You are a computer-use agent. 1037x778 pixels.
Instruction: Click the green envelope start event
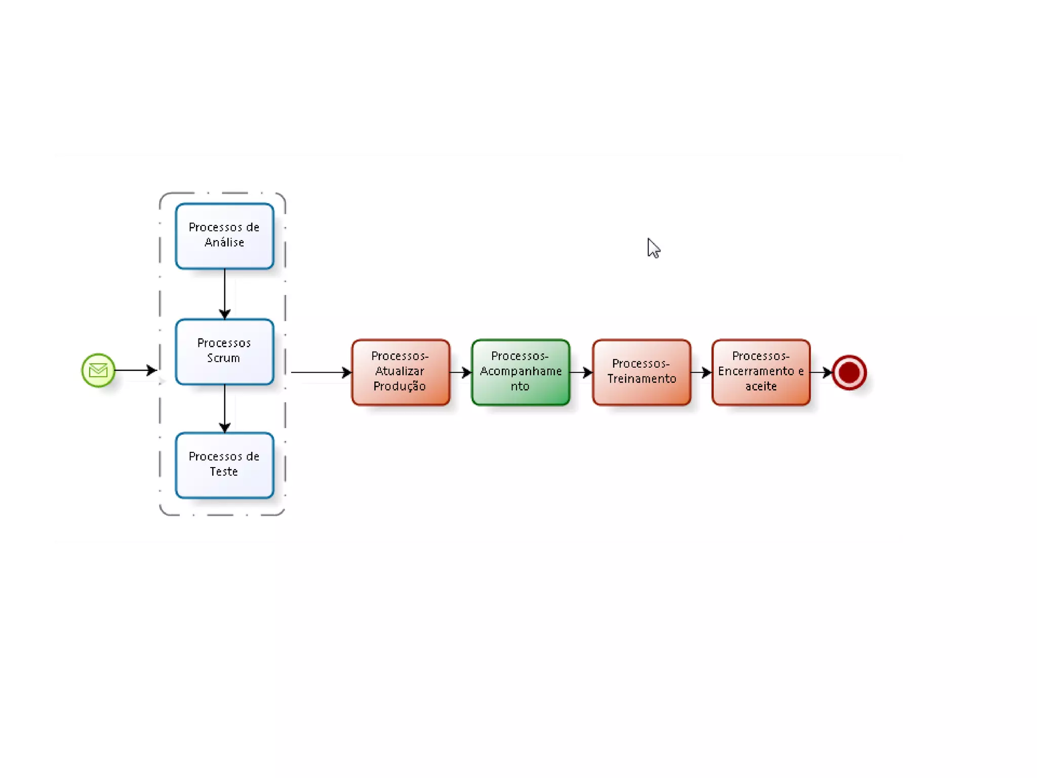click(98, 370)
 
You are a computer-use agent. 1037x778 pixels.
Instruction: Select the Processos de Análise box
click(224, 236)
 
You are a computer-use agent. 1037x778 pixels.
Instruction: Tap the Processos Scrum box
click(224, 352)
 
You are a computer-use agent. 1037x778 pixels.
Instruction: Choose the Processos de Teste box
click(224, 465)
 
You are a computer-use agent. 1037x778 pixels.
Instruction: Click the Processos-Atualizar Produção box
click(401, 372)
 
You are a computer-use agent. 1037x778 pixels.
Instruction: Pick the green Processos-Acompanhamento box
click(521, 372)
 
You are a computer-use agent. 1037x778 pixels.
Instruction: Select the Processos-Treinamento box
click(642, 372)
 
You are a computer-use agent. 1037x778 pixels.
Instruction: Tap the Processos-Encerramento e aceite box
click(761, 372)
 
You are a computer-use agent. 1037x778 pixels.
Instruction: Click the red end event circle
click(849, 372)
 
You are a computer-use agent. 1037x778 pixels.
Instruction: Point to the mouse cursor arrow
click(653, 248)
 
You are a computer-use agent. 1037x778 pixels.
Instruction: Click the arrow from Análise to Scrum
click(225, 294)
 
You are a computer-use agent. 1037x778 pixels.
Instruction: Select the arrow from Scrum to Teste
click(225, 408)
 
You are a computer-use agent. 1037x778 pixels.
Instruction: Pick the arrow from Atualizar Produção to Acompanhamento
click(460, 372)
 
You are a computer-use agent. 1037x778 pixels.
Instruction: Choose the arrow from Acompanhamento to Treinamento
click(581, 372)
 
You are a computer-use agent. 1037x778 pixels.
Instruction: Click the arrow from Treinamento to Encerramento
click(701, 372)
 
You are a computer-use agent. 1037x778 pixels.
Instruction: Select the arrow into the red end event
click(821, 372)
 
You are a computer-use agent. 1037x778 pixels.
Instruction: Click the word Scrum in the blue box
click(223, 358)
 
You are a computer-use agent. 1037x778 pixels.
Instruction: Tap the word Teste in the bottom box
click(224, 472)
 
